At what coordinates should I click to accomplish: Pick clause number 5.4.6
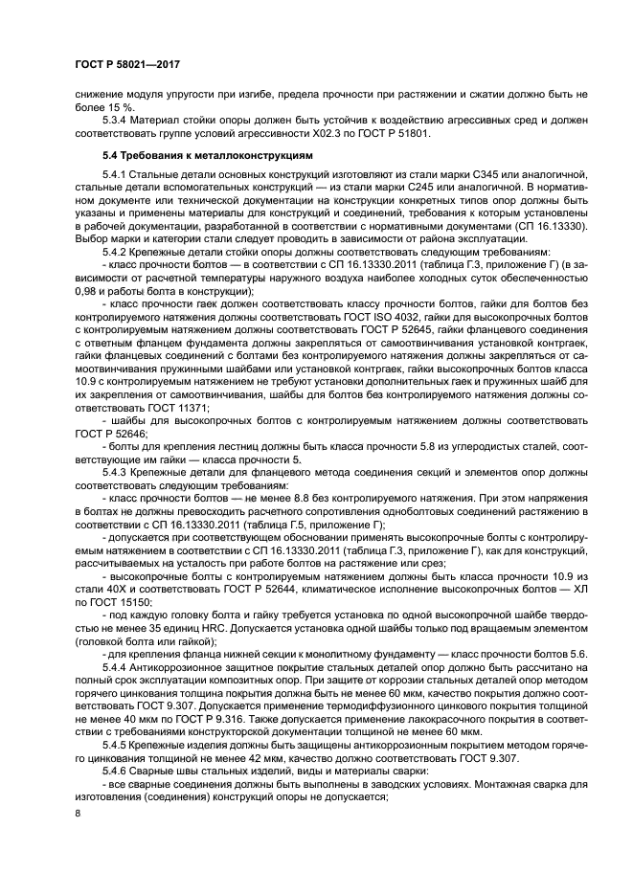pyautogui.click(x=118, y=762)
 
